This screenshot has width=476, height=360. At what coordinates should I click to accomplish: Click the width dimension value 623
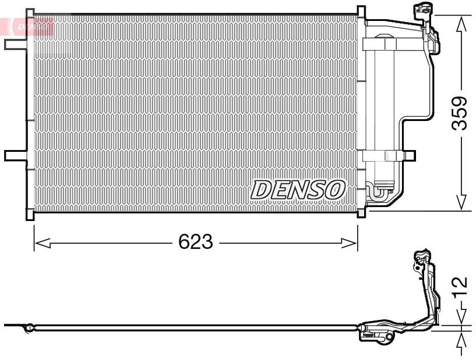pos(196,242)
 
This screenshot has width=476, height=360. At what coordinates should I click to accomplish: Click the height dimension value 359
pos(461,114)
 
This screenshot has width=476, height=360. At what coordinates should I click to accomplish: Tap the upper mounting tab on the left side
pos(13,44)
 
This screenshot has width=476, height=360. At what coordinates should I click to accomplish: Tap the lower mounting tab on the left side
pos(13,155)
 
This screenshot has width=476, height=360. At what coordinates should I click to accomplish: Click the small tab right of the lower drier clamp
pos(410,155)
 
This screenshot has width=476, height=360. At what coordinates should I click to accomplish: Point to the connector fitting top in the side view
pos(421,258)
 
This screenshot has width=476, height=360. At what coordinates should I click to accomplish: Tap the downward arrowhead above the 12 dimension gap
pos(461,318)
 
